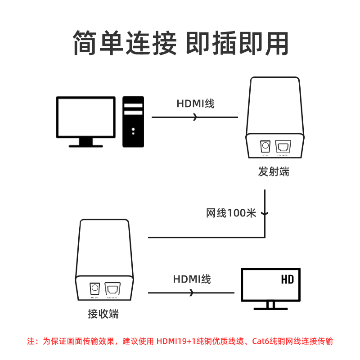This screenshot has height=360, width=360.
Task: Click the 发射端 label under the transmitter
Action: point(274,172)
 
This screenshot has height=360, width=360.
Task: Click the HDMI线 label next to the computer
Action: point(195,104)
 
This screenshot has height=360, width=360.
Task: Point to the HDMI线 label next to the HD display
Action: point(192,279)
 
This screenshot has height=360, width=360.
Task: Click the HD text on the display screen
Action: point(287,280)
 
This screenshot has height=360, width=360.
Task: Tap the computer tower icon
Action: point(133,121)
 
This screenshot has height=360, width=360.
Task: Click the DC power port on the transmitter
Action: point(265,147)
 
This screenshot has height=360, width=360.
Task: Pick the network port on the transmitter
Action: point(283,147)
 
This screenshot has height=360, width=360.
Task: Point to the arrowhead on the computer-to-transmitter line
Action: point(195,117)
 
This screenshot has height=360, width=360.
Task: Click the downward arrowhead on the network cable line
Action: point(265,212)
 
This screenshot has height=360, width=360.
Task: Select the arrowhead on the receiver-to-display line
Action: point(192,293)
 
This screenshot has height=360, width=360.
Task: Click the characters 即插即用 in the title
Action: point(237,44)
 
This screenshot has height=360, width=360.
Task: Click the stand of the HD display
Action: point(270,306)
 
